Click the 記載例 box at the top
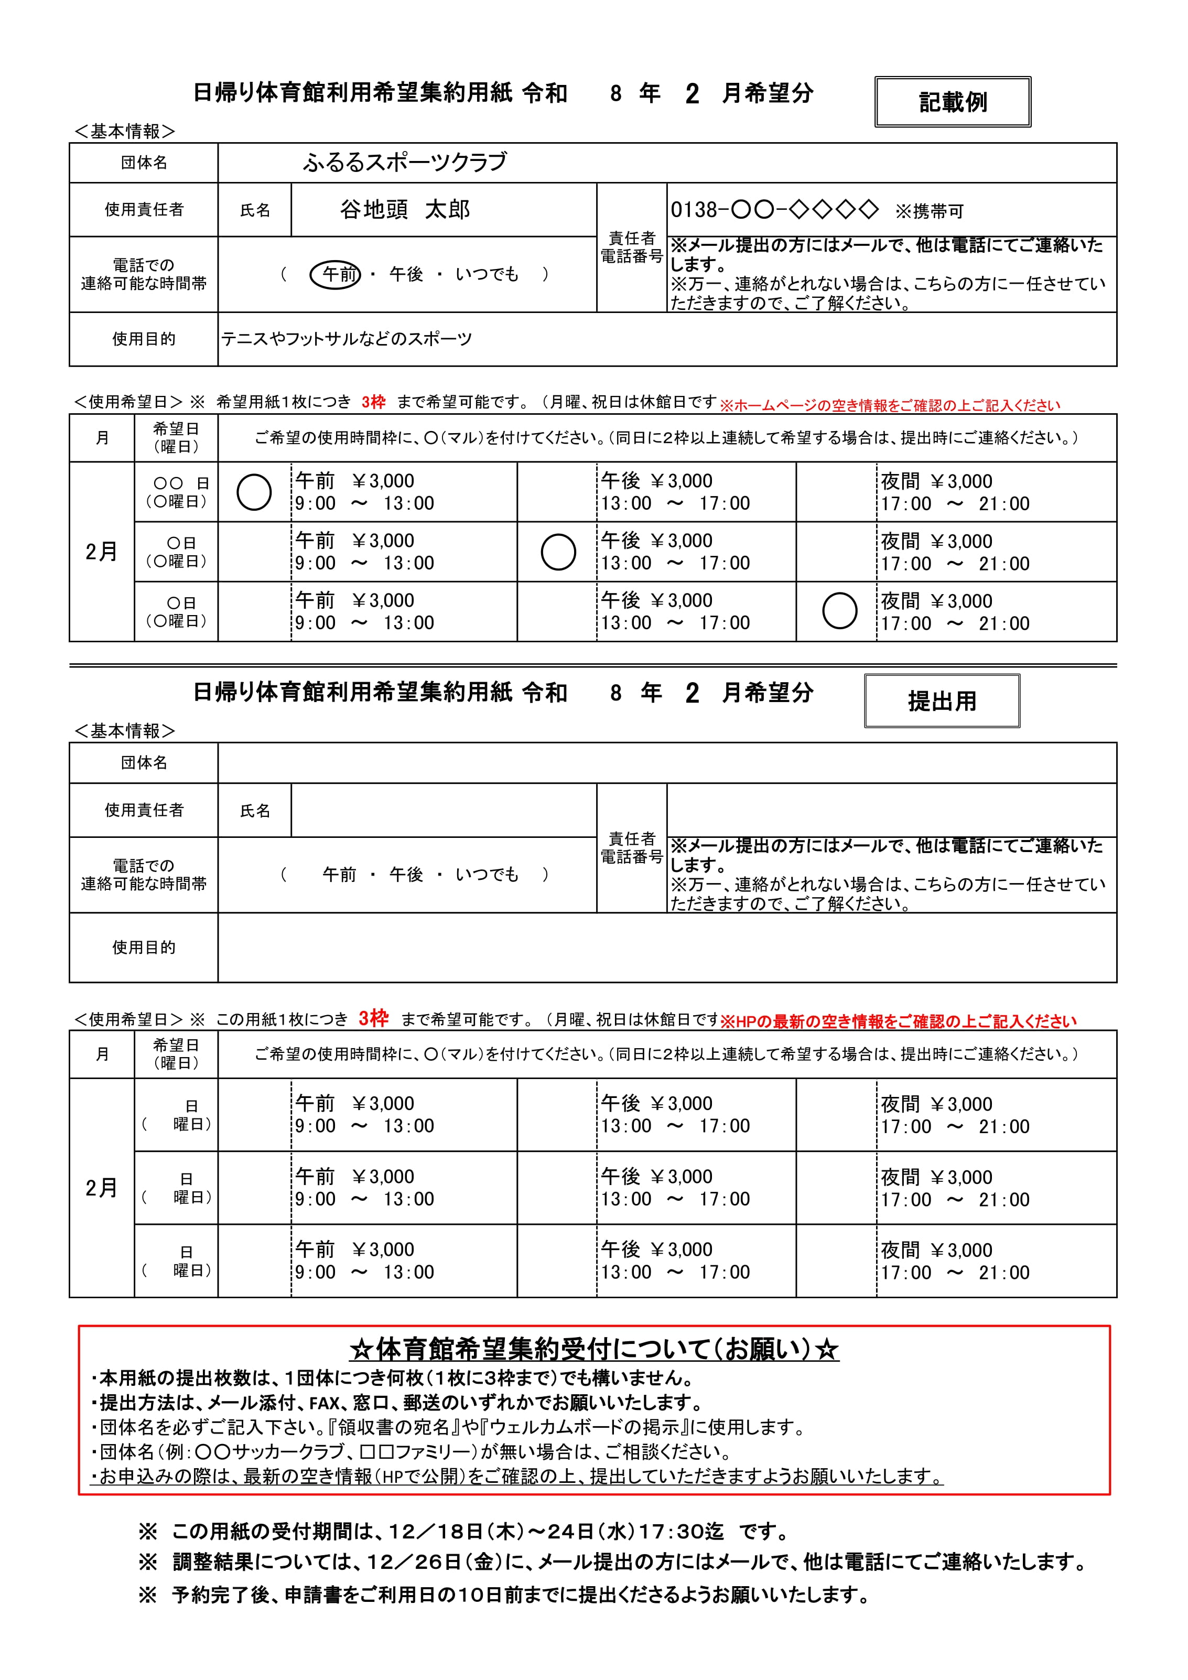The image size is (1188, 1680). point(953,102)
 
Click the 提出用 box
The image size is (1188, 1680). point(942,701)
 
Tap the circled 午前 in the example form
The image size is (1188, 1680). point(336,274)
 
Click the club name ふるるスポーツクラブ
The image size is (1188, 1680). point(405,163)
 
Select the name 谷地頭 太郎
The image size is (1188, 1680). point(405,210)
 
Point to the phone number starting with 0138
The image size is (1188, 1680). point(774,210)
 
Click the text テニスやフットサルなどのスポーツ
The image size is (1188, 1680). point(347,339)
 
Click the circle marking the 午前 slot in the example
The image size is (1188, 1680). point(254,492)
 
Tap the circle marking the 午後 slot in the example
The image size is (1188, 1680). point(558,552)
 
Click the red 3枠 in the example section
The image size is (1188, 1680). point(373,402)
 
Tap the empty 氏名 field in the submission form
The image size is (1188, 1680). point(444,811)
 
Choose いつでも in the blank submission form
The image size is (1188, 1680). point(487,875)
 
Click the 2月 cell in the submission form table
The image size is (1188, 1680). point(102,1188)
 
